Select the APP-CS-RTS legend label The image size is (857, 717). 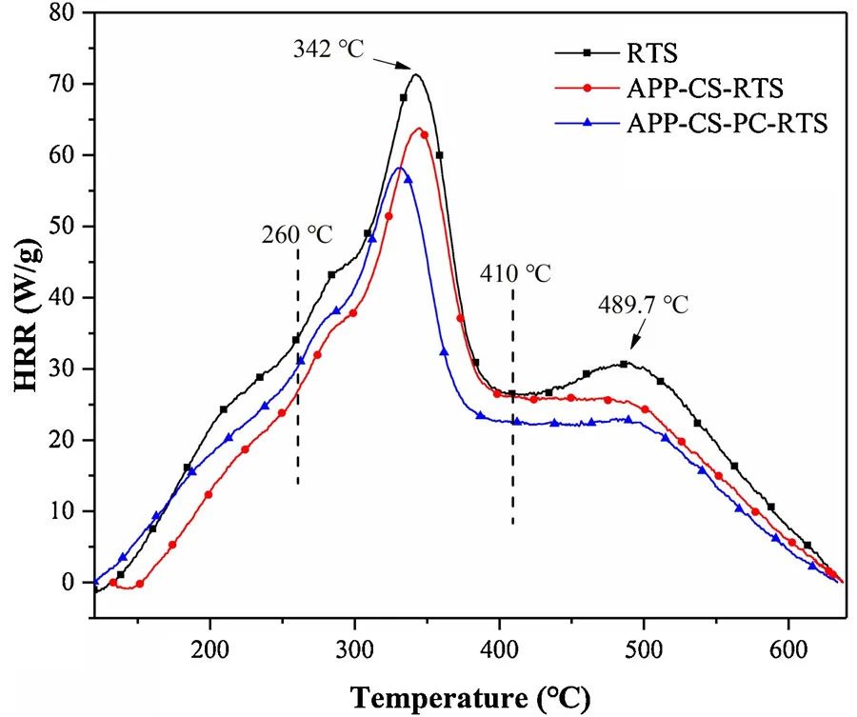pyautogui.click(x=706, y=90)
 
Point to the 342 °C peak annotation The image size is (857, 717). pyautogui.click(x=328, y=48)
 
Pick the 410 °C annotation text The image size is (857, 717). pyautogui.click(x=515, y=274)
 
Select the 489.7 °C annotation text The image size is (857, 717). pyautogui.click(x=643, y=305)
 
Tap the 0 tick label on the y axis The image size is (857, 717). pyautogui.click(x=69, y=583)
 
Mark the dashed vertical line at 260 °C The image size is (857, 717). pyautogui.click(x=298, y=381)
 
